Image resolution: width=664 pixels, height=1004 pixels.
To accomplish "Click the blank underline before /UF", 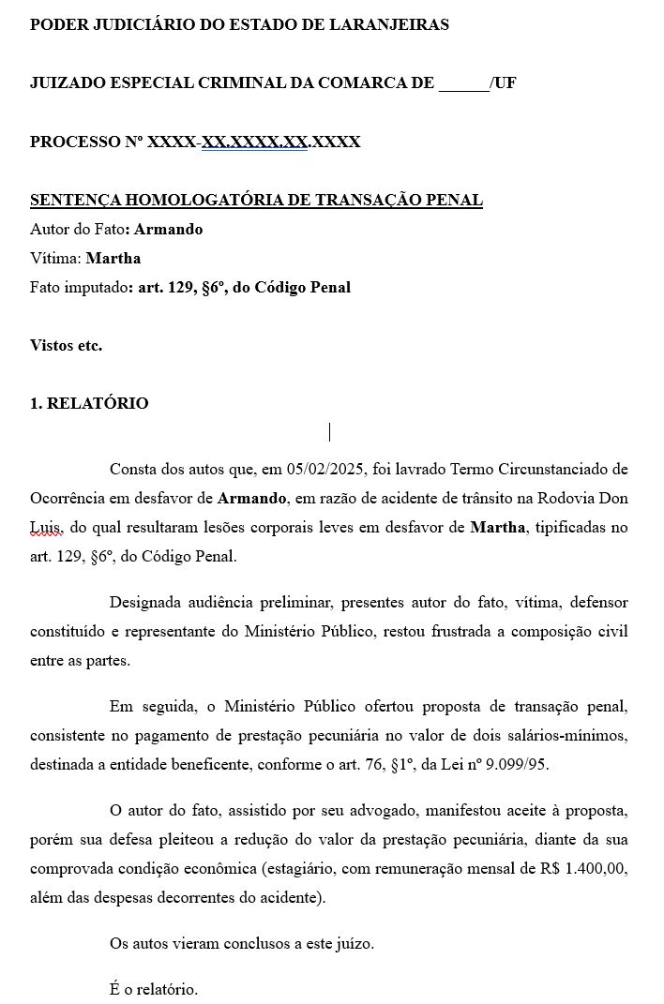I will pyautogui.click(x=463, y=83).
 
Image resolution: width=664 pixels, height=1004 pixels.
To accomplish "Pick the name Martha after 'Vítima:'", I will pyautogui.click(x=113, y=258).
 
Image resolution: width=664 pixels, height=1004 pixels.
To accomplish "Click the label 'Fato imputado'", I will pyautogui.click(x=78, y=287).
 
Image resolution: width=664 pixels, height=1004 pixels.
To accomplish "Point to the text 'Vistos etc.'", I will pyautogui.click(x=66, y=345).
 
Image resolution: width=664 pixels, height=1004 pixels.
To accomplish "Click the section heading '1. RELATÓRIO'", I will pyautogui.click(x=89, y=403).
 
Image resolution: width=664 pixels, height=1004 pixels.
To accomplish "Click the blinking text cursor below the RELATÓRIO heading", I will pyautogui.click(x=330, y=432).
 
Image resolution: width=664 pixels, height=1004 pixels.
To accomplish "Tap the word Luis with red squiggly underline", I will pyautogui.click(x=45, y=528).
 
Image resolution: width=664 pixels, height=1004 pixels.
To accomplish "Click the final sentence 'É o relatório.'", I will pyautogui.click(x=154, y=988).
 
